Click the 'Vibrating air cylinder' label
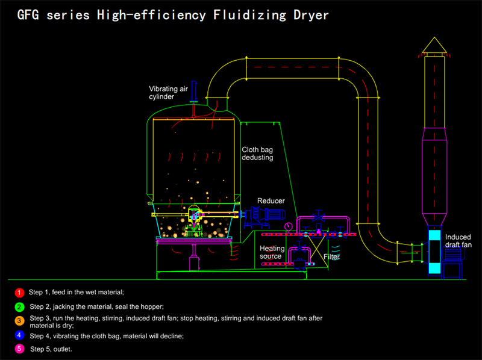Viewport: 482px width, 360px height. pos(167,92)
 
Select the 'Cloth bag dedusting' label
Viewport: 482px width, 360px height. pos(258,154)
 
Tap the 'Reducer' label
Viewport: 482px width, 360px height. pos(271,200)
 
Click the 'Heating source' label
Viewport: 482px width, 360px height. pos(271,252)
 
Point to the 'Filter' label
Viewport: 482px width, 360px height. pos(331,256)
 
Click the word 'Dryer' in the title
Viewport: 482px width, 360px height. pos(308,14)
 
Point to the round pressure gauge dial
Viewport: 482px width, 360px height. pos(290,226)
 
